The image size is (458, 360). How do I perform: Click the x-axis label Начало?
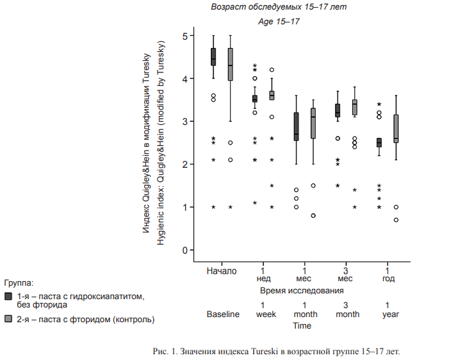coord(222,270)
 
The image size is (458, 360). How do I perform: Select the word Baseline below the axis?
coord(222,315)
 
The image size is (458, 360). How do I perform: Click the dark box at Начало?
coord(213,56)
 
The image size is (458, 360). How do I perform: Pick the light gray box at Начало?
coord(230,64)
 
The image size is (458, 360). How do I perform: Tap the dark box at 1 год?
coord(379,142)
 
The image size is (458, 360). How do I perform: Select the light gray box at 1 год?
coord(396,129)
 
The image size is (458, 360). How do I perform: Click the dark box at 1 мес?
coord(296,127)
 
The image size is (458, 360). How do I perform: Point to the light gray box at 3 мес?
coord(354,107)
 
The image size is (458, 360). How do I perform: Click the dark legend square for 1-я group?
coord(8,296)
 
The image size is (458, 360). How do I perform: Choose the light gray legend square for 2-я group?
coord(8,318)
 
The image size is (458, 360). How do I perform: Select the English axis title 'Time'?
coord(302,325)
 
